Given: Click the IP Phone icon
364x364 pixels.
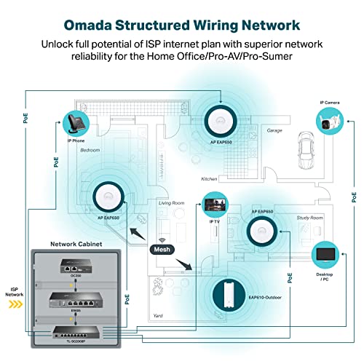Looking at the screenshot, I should (76, 119).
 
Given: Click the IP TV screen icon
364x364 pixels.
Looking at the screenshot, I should (216, 203).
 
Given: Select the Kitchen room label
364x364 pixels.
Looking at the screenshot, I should (210, 178).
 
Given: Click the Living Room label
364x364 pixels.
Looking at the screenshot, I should (172, 203).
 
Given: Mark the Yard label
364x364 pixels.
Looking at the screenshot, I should (158, 316).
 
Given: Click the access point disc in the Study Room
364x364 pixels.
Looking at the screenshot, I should (263, 232).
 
